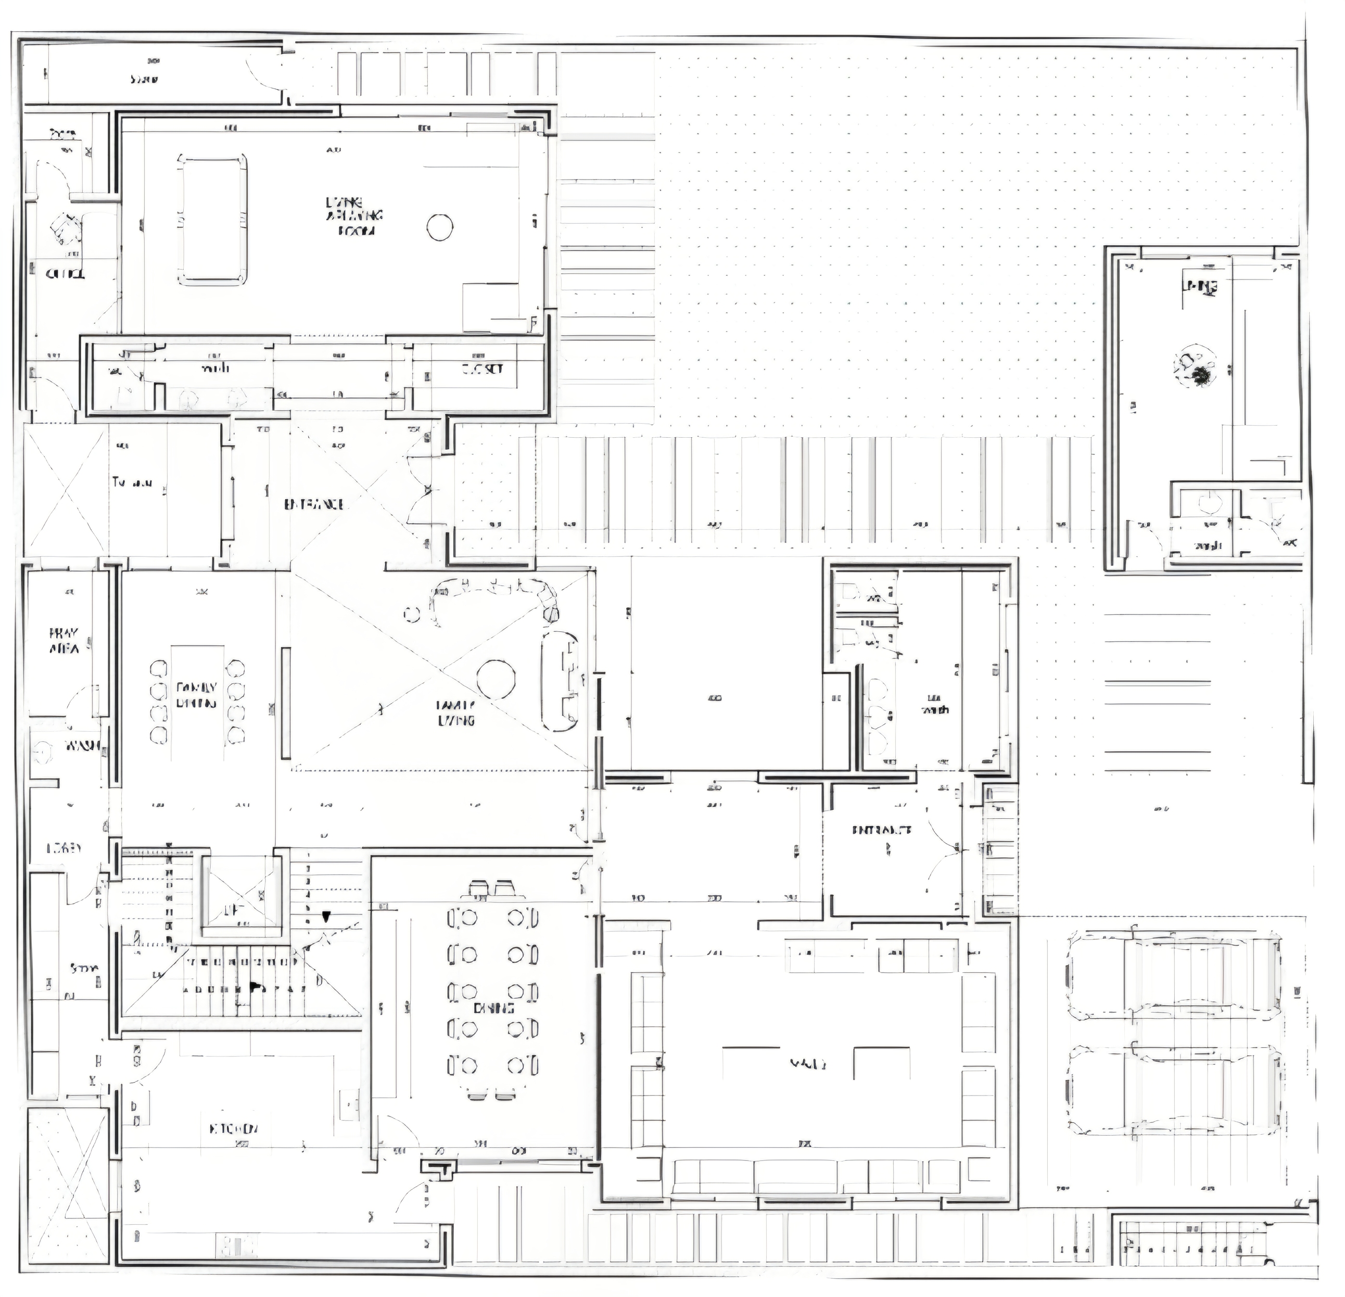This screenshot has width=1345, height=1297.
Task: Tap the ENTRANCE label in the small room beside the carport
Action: pyautogui.click(x=882, y=830)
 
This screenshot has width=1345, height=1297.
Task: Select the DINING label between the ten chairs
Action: pyautogui.click(x=493, y=1008)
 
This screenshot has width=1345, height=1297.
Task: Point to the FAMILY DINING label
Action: pyautogui.click(x=197, y=694)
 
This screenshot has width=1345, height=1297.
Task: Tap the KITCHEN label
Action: pyautogui.click(x=233, y=1129)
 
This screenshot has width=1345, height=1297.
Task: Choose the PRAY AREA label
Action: pyautogui.click(x=64, y=640)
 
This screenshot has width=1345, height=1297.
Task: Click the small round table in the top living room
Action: pyautogui.click(x=440, y=226)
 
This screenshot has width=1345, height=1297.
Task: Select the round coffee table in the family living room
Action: pyautogui.click(x=496, y=678)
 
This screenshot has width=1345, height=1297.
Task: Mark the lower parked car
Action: pyautogui.click(x=1173, y=1090)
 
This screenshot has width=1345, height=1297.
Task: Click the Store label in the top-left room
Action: pyautogui.click(x=144, y=79)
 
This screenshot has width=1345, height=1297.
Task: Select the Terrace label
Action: pyautogui.click(x=132, y=483)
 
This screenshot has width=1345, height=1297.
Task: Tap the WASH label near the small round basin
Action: pyautogui.click(x=82, y=745)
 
